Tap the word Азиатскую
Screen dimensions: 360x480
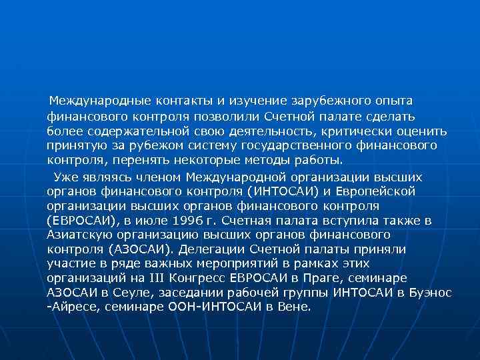point(77,235)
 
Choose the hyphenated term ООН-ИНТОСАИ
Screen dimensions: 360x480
point(205,308)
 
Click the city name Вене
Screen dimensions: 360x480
point(295,308)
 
